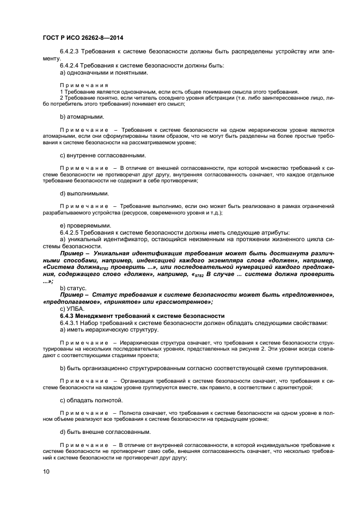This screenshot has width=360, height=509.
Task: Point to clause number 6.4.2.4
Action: tap(71, 65)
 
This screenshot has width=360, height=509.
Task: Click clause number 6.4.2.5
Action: tap(71, 232)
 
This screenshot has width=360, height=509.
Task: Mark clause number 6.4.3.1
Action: tap(71, 323)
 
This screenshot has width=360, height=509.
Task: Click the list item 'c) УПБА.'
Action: tap(72, 309)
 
